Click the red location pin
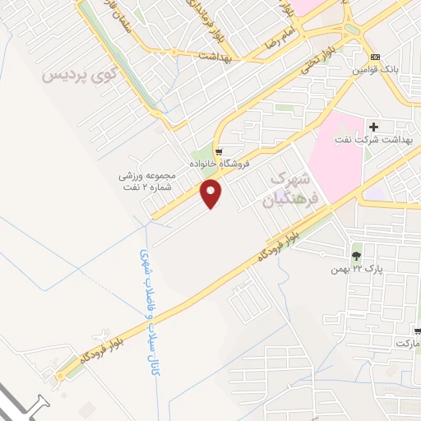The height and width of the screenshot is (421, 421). tap(212, 194)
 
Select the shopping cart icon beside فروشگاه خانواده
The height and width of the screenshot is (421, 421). tap(218, 152)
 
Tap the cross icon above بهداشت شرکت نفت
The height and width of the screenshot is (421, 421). tap(374, 127)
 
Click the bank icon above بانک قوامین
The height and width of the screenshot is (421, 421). tap(376, 57)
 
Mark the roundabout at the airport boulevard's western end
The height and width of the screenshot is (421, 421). tap(59, 376)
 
